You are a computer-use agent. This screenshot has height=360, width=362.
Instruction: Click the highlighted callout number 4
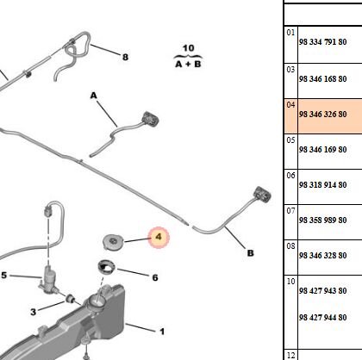pyautogui.click(x=159, y=237)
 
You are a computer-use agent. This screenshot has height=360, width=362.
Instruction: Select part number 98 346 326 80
pyautogui.click(x=322, y=115)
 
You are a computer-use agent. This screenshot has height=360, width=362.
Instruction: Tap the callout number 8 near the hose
pyautogui.click(x=125, y=57)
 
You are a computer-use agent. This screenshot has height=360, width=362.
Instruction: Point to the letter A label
pyautogui.click(x=94, y=96)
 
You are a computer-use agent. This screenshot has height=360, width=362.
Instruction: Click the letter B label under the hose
pyautogui.click(x=251, y=253)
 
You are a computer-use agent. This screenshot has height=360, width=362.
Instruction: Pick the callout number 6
pyautogui.click(x=155, y=277)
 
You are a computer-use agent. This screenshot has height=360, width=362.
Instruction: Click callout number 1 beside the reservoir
pyautogui.click(x=162, y=332)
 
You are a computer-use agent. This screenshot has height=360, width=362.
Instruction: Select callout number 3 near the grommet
pyautogui.click(x=34, y=312)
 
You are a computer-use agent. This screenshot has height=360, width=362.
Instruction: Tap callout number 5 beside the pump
pyautogui.click(x=3, y=276)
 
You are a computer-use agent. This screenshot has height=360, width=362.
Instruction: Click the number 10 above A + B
pyautogui.click(x=189, y=48)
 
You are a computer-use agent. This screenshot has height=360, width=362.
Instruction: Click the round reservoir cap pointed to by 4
pyautogui.click(x=113, y=242)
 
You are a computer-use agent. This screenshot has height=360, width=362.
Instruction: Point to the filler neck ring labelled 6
pyautogui.click(x=106, y=267)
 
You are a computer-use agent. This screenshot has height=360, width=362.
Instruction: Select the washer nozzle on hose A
pyautogui.click(x=150, y=119)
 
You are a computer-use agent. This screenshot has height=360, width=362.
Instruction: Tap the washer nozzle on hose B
pyautogui.click(x=262, y=195)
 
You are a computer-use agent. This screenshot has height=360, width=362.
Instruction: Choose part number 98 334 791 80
pyautogui.click(x=322, y=42)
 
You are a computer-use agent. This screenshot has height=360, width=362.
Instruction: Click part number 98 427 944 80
pyautogui.click(x=322, y=318)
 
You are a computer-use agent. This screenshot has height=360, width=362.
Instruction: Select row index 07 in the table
pyautogui.click(x=290, y=211)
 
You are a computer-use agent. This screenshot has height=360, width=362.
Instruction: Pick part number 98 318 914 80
pyautogui.click(x=322, y=184)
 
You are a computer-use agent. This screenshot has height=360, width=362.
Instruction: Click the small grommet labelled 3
pyautogui.click(x=70, y=299)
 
